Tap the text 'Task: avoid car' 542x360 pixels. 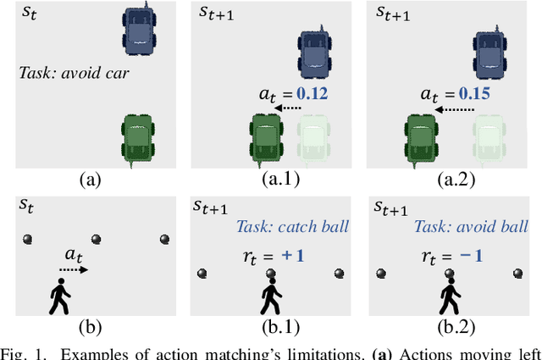[74, 73]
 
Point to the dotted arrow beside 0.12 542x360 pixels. [290, 108]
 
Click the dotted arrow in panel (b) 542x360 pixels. [72, 269]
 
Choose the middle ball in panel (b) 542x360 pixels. [95, 241]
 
